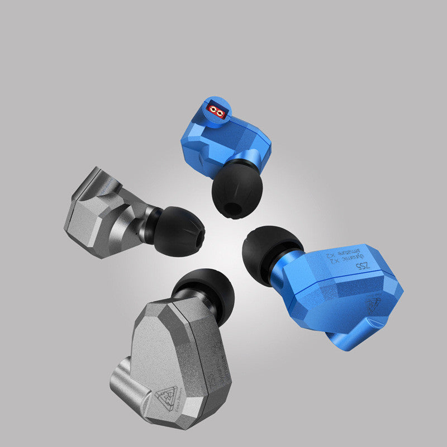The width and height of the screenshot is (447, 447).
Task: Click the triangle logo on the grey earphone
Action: [x=167, y=394]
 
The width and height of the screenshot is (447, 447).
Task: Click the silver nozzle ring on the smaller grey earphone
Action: [x=150, y=224]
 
